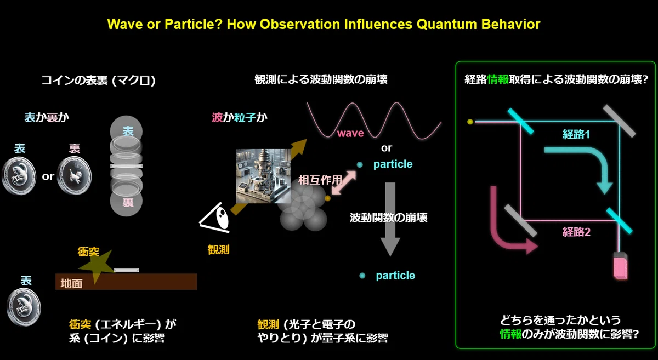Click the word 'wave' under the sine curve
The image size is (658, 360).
350,133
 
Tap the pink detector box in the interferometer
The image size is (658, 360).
620,266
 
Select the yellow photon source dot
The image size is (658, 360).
470,122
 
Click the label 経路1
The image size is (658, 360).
576,134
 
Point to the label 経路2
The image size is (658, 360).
576,232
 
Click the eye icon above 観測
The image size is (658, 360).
214,218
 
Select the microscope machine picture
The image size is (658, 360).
264,176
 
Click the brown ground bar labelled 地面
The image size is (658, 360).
126,282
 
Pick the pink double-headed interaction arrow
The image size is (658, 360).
344,182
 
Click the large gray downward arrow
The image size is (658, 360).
390,219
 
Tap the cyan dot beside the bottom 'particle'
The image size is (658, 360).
362,276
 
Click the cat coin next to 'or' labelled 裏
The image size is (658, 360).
74,176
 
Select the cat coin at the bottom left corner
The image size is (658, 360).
24,307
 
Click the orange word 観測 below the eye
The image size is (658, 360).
218,250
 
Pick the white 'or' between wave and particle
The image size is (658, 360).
386,148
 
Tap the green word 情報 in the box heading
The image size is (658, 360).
498,79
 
